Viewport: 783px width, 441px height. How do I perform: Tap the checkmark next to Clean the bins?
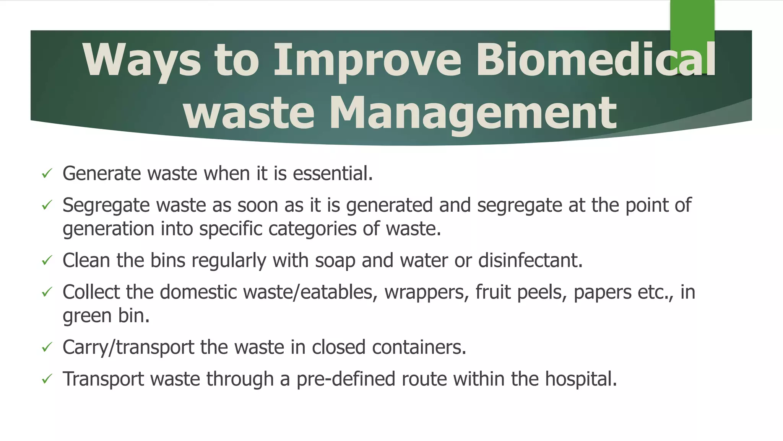[x=47, y=261]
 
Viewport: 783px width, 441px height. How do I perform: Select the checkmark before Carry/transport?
[x=47, y=347]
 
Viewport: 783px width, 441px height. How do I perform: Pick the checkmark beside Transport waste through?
[x=47, y=379]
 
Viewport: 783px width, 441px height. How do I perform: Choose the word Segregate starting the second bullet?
[x=106, y=206]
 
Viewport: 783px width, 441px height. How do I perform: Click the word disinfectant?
[x=530, y=260]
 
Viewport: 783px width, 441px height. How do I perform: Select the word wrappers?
[x=426, y=292]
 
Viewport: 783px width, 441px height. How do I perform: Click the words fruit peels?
[x=521, y=292]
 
